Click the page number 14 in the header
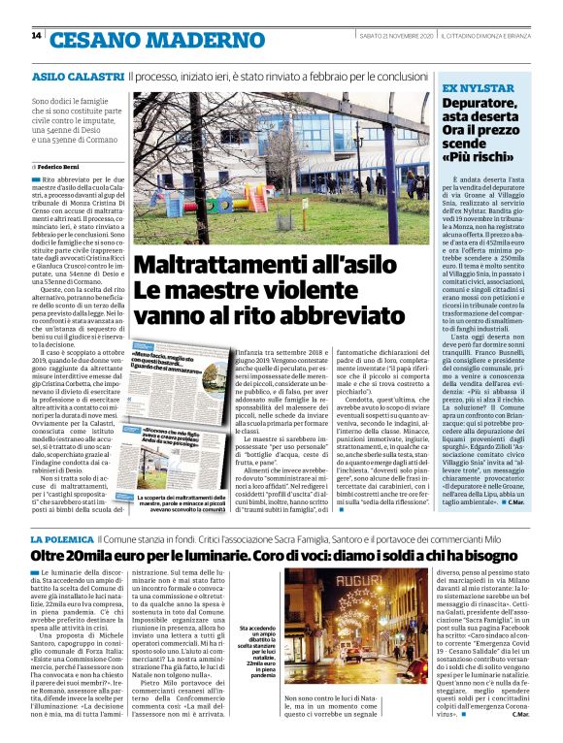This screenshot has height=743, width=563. [36, 36]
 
